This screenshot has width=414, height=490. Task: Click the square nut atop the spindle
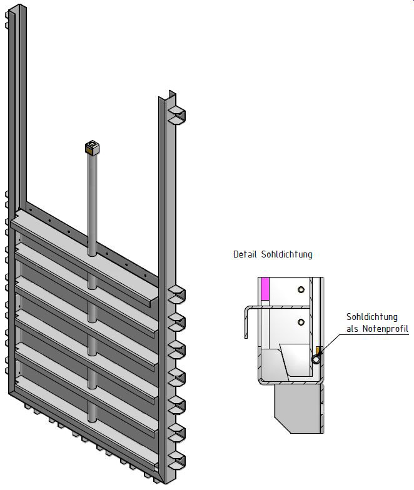tap(93, 147)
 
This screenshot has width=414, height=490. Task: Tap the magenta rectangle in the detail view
tap(265, 289)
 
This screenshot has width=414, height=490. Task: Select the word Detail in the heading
tap(244, 254)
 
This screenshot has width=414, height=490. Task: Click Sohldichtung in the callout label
tap(371, 317)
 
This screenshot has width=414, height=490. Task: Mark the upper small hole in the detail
tap(301, 289)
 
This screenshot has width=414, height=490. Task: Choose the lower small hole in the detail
tap(301, 322)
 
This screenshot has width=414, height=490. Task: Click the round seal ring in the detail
tap(316, 359)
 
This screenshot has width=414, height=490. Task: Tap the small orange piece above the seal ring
tap(318, 349)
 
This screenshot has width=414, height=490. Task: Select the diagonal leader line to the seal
tap(332, 344)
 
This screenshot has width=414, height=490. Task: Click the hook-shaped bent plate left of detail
tap(248, 319)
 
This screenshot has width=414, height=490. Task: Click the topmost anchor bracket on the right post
tap(177, 114)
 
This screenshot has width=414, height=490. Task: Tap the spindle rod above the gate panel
tap(93, 200)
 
